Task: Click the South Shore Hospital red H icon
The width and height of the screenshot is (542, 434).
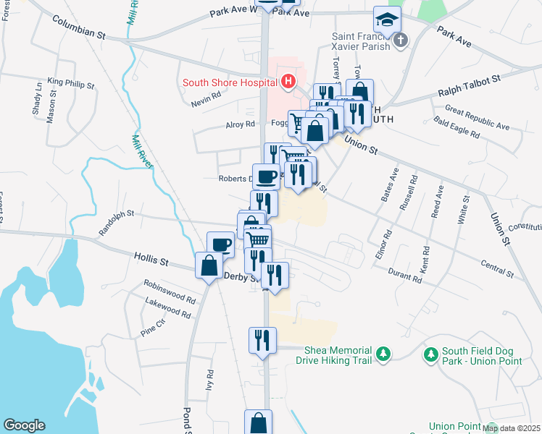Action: [288, 82]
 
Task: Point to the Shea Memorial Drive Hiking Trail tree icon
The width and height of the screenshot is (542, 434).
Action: [384, 354]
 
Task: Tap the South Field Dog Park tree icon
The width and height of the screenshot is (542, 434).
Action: [431, 354]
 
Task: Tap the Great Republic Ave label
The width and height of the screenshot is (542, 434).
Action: [478, 118]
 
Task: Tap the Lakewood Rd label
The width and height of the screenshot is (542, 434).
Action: [167, 309]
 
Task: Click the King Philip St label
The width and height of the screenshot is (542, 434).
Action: [71, 82]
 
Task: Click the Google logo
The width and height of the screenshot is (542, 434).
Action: [24, 425]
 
